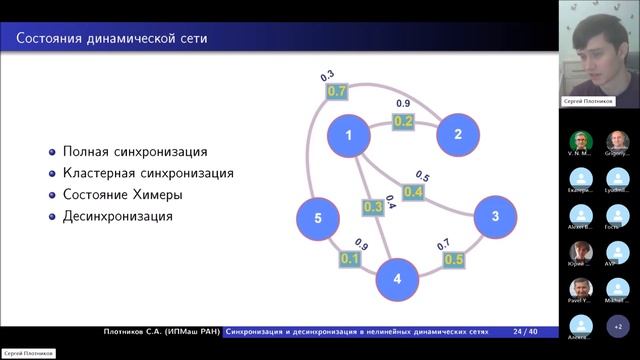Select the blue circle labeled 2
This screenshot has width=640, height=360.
coord(457,135)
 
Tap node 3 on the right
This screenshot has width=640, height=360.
coord(493,217)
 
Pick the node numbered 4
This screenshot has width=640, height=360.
coord(397,279)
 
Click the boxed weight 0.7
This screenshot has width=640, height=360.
coord(337,91)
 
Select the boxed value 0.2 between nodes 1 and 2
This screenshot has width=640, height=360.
coord(404,121)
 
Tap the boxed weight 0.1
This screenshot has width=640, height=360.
coord(350,258)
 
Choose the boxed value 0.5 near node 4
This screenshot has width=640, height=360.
coord(453,260)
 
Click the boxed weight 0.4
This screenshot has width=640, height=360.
coord(413,191)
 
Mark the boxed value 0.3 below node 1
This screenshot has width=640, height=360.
coord(372,207)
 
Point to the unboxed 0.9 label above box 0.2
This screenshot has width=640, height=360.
coord(403,103)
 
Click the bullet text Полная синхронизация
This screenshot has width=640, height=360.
coord(135,152)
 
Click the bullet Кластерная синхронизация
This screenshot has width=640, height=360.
coord(148,173)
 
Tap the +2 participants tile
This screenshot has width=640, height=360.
coord(617,326)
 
